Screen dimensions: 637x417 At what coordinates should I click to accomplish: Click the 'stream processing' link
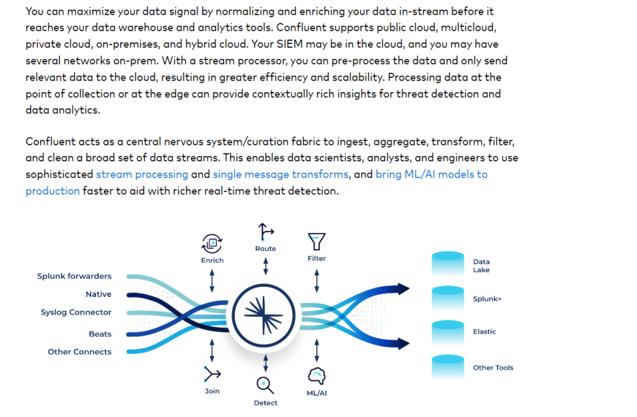(x=142, y=174)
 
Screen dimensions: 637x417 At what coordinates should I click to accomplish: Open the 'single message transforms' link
(x=280, y=174)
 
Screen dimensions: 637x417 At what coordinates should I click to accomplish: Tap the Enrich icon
(x=212, y=243)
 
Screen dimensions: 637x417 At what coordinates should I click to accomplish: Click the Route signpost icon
(x=266, y=232)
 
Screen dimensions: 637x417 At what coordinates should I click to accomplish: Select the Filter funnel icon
(x=316, y=241)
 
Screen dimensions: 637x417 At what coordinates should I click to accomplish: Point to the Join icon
(x=212, y=374)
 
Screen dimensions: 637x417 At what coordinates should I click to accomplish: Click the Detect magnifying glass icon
(x=265, y=386)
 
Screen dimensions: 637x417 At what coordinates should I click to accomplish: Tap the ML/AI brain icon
(x=316, y=376)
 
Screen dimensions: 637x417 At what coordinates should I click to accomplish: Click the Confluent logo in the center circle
(x=264, y=315)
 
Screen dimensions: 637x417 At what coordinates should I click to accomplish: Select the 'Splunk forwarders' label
(x=75, y=276)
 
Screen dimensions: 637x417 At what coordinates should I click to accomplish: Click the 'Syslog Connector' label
(x=76, y=312)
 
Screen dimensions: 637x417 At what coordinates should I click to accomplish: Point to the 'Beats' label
(x=100, y=334)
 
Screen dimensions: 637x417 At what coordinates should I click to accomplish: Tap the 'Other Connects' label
(x=80, y=352)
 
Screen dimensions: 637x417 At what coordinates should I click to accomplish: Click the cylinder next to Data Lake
(x=447, y=264)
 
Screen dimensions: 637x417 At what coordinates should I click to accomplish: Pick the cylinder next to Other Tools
(x=447, y=367)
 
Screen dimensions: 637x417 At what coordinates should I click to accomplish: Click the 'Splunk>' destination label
(x=487, y=298)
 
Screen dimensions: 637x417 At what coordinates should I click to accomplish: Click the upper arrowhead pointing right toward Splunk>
(x=403, y=289)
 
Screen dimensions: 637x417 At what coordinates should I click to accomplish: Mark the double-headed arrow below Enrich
(x=212, y=281)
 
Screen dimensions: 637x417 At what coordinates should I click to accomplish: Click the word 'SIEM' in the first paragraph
(x=290, y=44)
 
